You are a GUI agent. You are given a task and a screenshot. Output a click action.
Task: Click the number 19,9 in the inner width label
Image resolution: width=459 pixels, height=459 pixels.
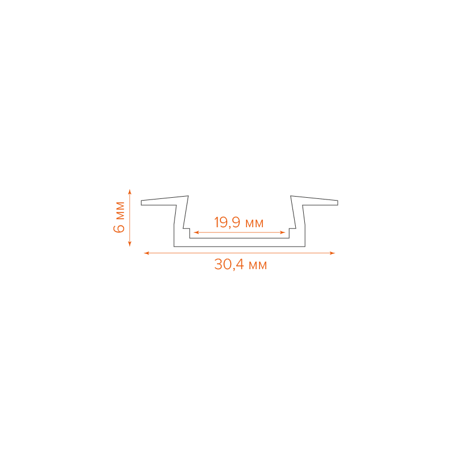(227, 223)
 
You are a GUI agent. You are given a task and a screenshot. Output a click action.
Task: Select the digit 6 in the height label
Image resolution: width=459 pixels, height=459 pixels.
(119, 228)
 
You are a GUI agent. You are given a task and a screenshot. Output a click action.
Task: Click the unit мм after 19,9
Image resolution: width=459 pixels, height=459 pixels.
(254, 223)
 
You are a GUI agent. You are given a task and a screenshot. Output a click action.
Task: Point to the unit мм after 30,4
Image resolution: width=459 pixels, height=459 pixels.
(257, 265)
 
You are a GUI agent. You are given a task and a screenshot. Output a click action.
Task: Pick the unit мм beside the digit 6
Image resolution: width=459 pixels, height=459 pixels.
(119, 210)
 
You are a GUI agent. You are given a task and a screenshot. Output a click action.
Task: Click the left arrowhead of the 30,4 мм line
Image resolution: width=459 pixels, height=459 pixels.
(146, 253)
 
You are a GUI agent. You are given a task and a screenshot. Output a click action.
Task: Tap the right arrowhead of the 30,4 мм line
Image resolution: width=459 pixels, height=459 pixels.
(333, 253)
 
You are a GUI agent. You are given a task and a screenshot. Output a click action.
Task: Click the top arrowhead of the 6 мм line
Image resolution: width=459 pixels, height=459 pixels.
(130, 191)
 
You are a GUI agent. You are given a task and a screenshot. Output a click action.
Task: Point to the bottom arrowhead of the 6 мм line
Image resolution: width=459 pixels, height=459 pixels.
(130, 244)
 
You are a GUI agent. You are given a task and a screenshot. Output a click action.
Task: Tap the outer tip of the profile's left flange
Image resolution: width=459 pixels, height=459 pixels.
(141, 202)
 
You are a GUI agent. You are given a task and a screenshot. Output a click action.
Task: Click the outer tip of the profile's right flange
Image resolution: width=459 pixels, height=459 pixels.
(338, 202)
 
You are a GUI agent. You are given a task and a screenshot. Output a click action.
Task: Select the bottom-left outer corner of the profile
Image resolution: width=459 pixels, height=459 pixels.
(174, 246)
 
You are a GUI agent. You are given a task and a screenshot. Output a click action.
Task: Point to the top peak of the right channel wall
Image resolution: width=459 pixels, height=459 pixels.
(291, 196)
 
